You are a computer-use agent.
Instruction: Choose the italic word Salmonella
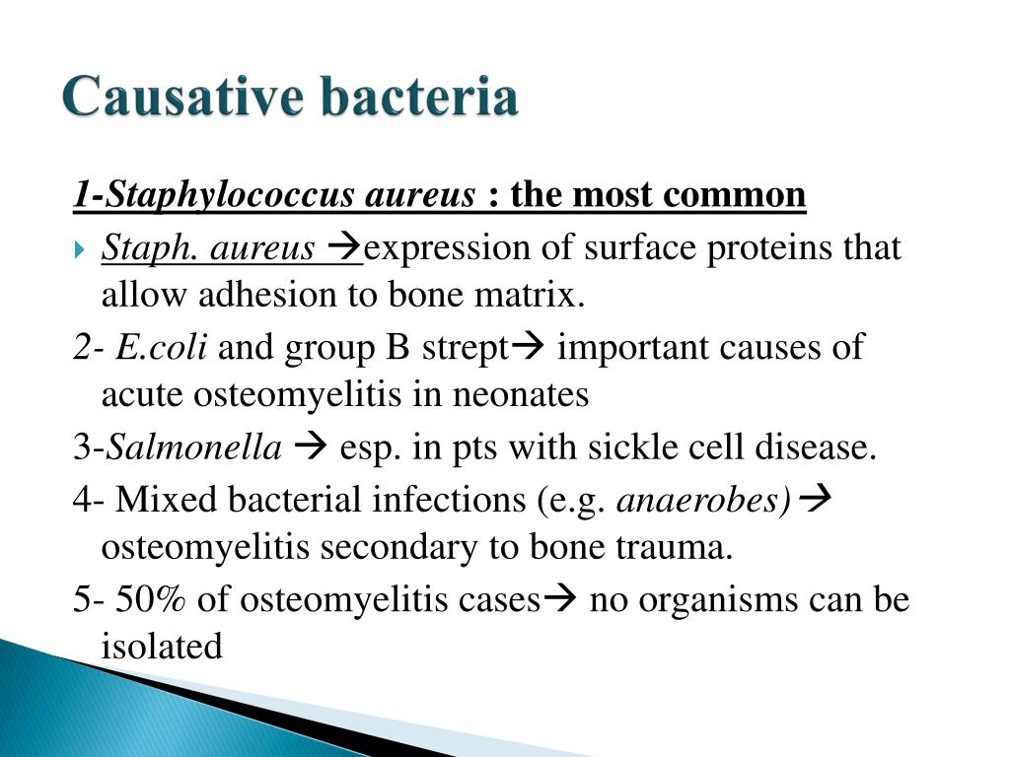click(194, 448)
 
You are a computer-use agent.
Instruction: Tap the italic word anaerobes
click(702, 500)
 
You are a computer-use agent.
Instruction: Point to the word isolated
click(162, 647)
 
